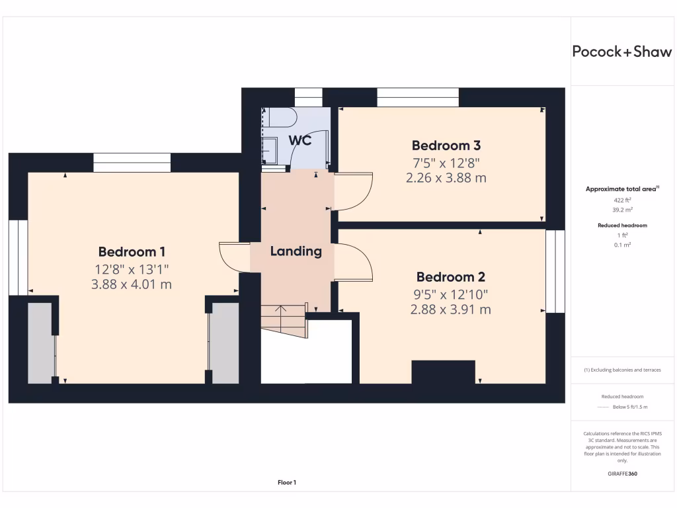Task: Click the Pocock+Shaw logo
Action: click(621, 52)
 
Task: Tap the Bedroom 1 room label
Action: click(132, 251)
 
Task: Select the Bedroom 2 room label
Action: click(450, 277)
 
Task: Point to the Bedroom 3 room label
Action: click(446, 146)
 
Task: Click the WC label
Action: click(299, 140)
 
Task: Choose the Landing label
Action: click(296, 251)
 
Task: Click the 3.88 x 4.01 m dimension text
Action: click(132, 284)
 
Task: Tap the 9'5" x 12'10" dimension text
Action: click(450, 294)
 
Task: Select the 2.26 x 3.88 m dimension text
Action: click(446, 178)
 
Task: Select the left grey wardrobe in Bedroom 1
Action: click(41, 343)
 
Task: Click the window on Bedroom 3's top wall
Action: click(417, 97)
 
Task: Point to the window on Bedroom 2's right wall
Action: click(555, 271)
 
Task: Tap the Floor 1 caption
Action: click(287, 483)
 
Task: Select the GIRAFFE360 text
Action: click(621, 474)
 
